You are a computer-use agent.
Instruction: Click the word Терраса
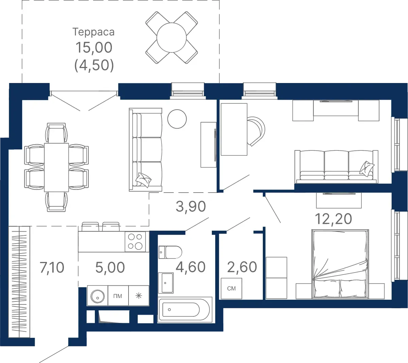(x=93, y=32)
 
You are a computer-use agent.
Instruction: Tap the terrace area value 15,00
(x=94, y=48)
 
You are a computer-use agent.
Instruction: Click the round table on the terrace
(x=171, y=37)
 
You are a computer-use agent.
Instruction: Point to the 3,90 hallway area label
(x=191, y=206)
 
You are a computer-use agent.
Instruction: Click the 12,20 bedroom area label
(x=333, y=219)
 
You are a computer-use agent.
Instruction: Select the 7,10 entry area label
(x=52, y=267)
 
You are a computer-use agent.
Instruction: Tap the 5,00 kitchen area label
(x=110, y=267)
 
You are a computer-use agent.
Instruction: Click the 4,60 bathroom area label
(x=190, y=267)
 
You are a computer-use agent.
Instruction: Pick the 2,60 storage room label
(x=242, y=267)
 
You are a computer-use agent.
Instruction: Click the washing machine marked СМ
(x=232, y=288)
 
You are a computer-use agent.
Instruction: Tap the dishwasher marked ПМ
(x=118, y=296)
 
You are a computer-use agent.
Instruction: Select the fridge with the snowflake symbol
(x=139, y=296)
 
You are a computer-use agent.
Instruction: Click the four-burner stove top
(x=135, y=242)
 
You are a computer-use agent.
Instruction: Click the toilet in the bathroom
(x=170, y=252)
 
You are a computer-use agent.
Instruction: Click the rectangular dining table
(x=56, y=167)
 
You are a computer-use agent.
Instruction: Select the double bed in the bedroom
(x=340, y=264)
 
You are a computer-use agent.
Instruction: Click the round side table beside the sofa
(x=177, y=119)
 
